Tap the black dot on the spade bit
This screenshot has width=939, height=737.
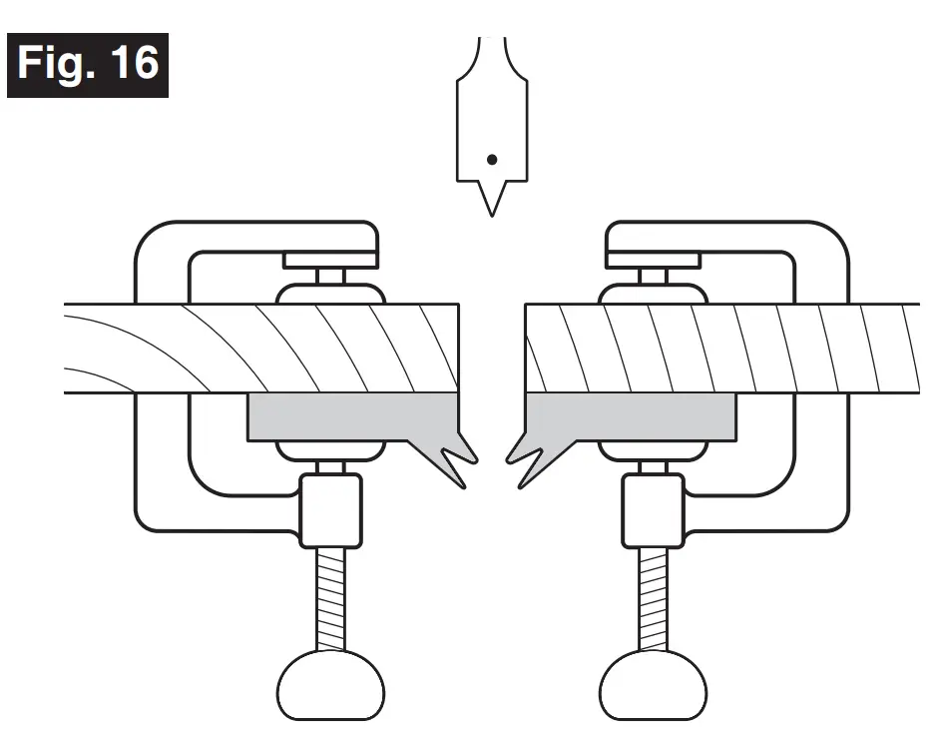coord(491,159)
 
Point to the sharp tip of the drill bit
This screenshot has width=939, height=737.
coord(489,211)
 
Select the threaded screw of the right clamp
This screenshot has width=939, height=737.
coord(653,599)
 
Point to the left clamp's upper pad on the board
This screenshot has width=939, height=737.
coord(330,293)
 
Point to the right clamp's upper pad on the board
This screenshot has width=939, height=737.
coord(653,293)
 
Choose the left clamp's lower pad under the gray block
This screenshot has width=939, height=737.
coord(330,450)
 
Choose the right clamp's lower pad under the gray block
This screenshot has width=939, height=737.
coord(653,450)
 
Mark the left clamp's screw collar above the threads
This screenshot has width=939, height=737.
coord(330,509)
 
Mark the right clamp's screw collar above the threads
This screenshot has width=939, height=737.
coord(653,509)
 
